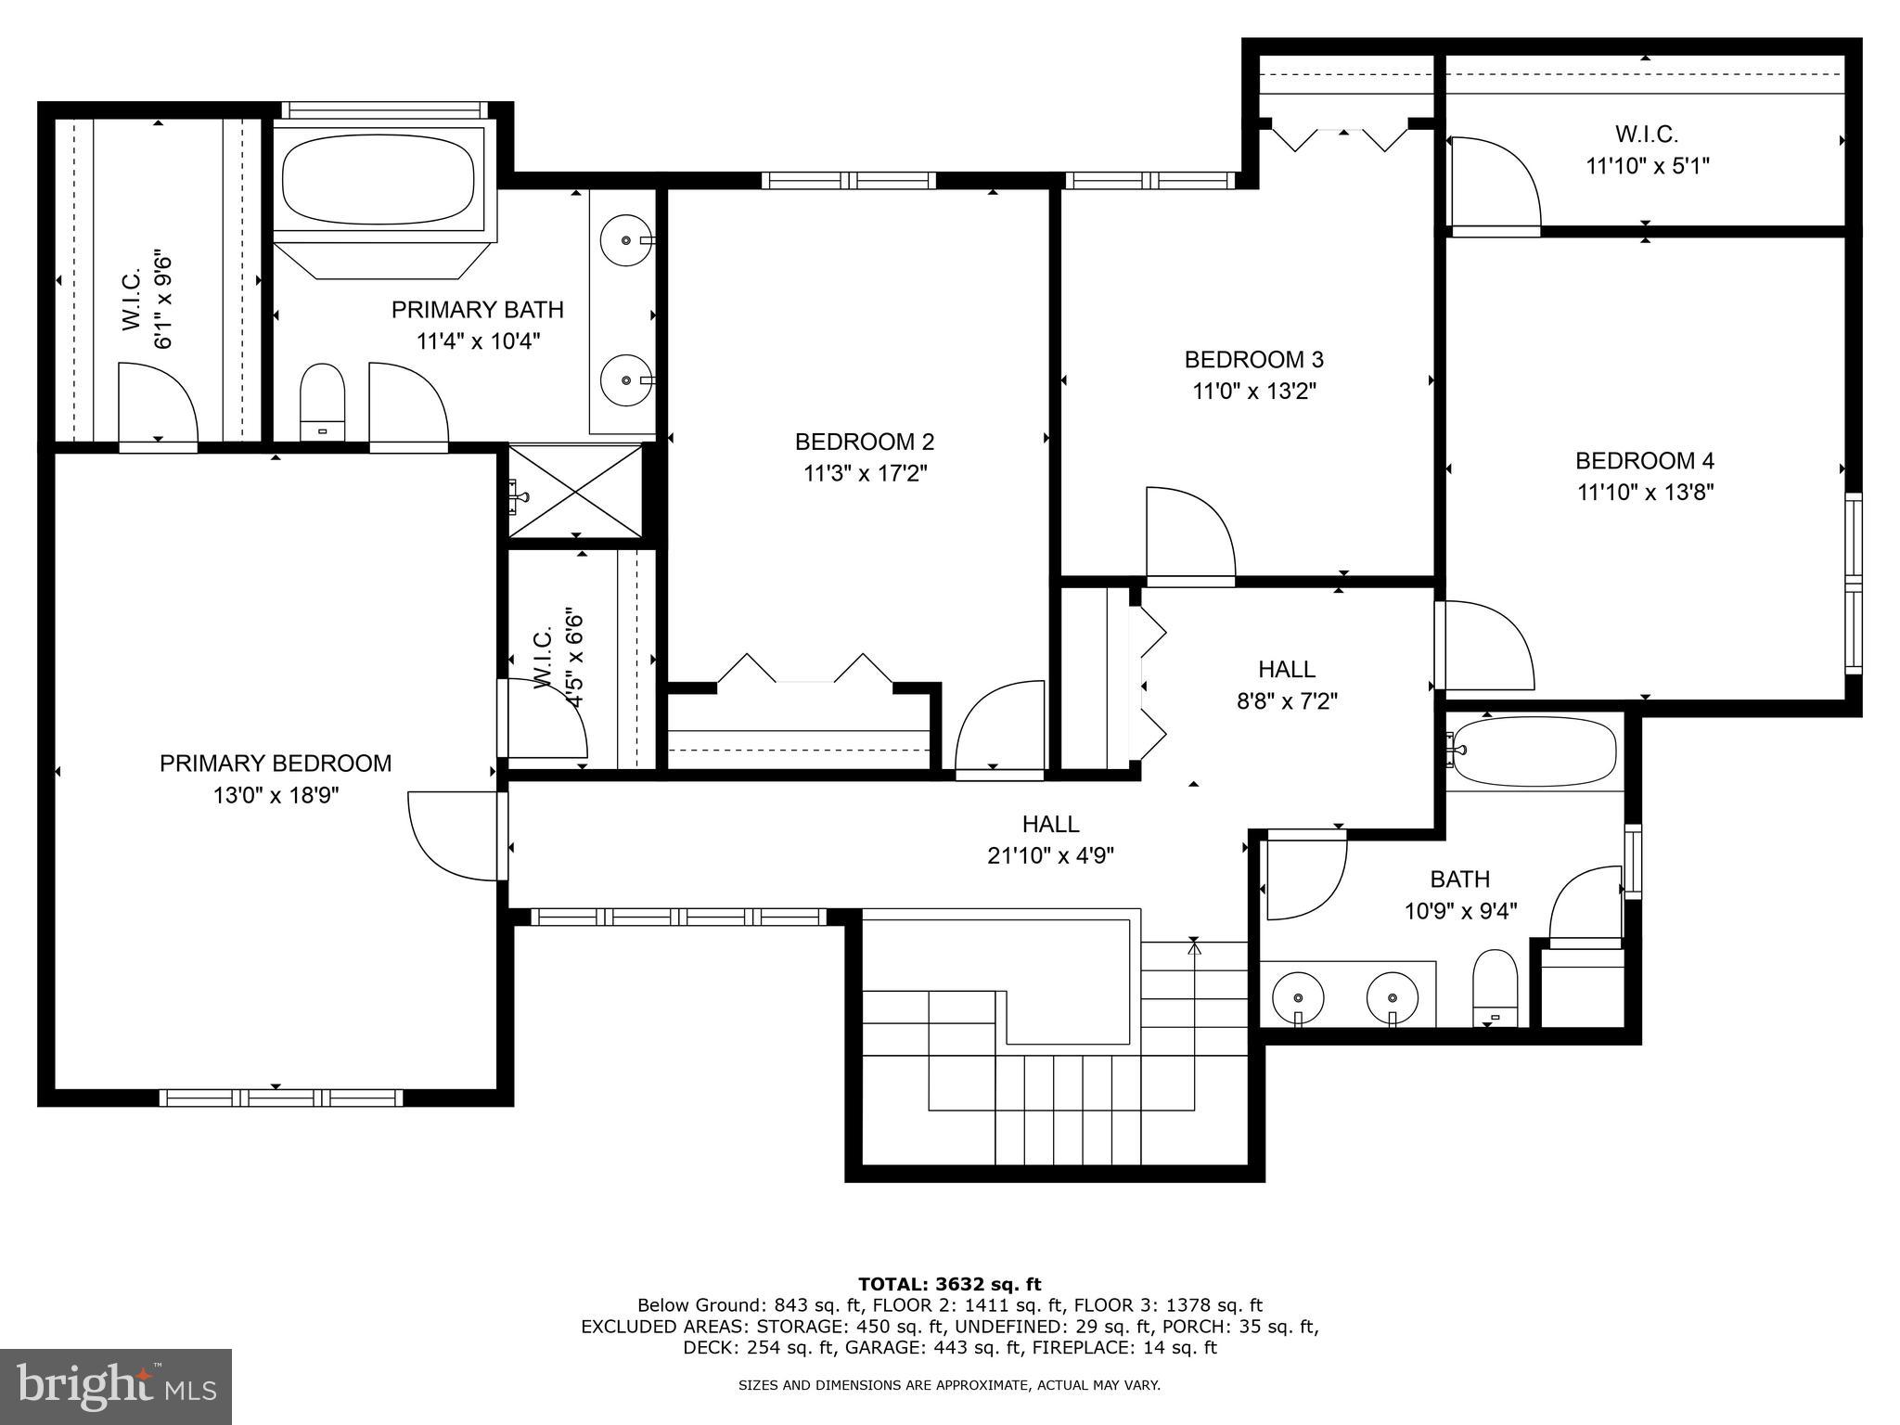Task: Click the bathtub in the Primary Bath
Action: click(378, 179)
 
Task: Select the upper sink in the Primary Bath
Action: click(627, 239)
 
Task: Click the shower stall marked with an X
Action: click(575, 491)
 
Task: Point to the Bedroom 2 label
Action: click(865, 442)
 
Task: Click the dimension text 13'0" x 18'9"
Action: click(276, 795)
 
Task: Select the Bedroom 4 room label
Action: click(1644, 460)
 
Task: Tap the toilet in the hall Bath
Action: click(1495, 987)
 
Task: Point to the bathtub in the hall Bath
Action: click(1535, 751)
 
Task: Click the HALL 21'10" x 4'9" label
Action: click(1050, 839)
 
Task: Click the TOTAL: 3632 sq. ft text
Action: click(949, 1284)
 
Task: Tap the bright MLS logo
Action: click(116, 1386)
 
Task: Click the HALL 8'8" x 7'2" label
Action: click(1286, 684)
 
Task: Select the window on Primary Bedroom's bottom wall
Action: click(281, 1098)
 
